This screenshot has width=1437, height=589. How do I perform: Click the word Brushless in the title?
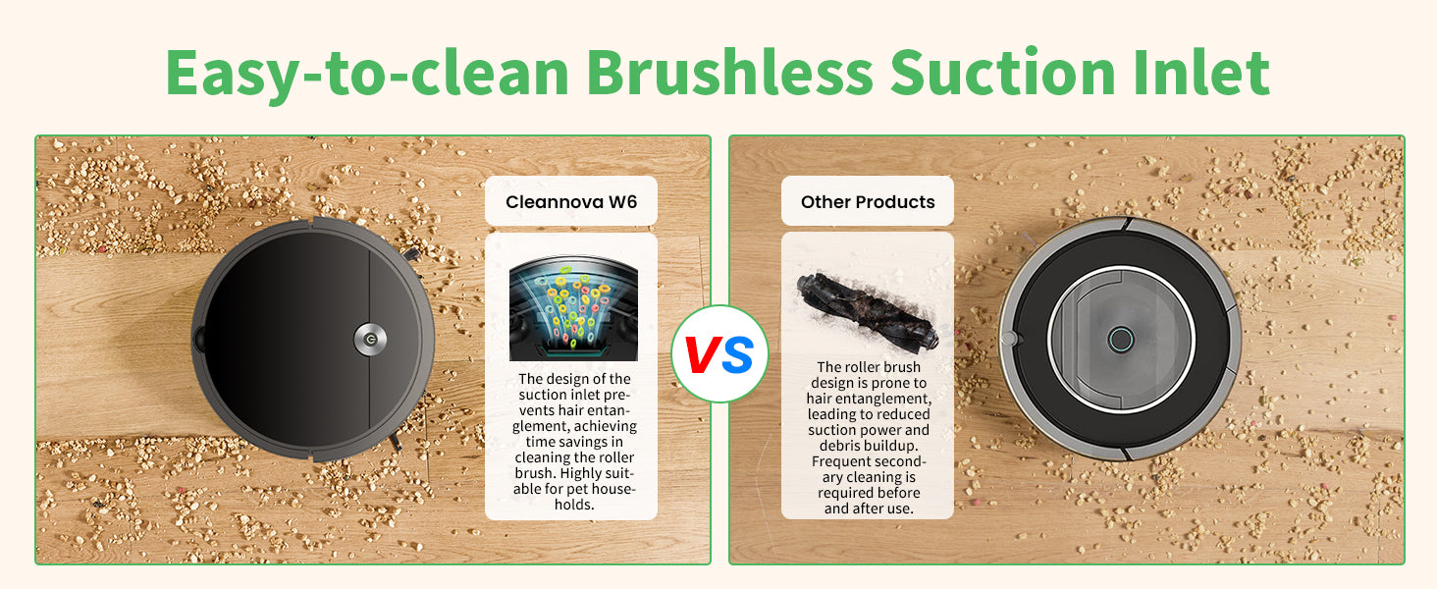tap(729, 72)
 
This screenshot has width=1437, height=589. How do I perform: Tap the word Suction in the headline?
tap(1003, 72)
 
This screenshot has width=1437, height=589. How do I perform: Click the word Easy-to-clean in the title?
tap(367, 75)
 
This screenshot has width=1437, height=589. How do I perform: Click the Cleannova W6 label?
tap(571, 202)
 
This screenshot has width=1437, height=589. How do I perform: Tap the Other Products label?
tap(868, 202)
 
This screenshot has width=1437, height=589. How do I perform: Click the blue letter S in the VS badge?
tap(738, 354)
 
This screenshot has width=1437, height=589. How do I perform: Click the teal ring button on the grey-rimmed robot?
tap(1121, 340)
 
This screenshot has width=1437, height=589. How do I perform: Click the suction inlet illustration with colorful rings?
tap(573, 308)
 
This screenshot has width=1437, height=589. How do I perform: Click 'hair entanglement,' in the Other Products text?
tap(869, 399)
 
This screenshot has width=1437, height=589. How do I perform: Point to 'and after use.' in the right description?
tap(869, 509)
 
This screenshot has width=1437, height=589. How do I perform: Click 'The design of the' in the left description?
tap(574, 379)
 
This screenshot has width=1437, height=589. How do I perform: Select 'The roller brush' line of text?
tap(869, 367)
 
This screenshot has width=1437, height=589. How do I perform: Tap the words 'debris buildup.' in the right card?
tap(869, 446)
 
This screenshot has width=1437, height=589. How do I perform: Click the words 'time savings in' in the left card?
tap(574, 442)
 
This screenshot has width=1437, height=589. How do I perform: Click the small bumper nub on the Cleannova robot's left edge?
tap(199, 339)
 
